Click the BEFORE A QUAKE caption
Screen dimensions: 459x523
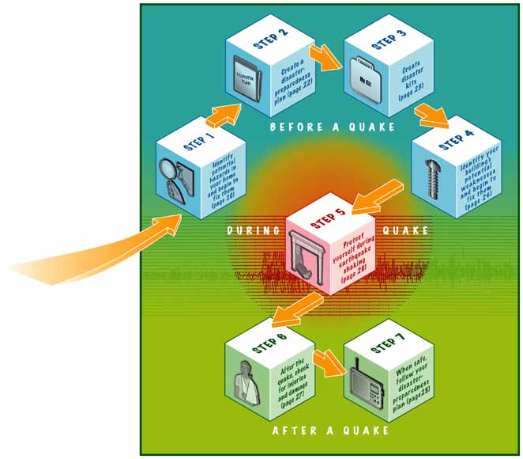point(331,127)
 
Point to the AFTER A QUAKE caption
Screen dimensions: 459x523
point(330,431)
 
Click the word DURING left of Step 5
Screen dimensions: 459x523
point(253,231)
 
